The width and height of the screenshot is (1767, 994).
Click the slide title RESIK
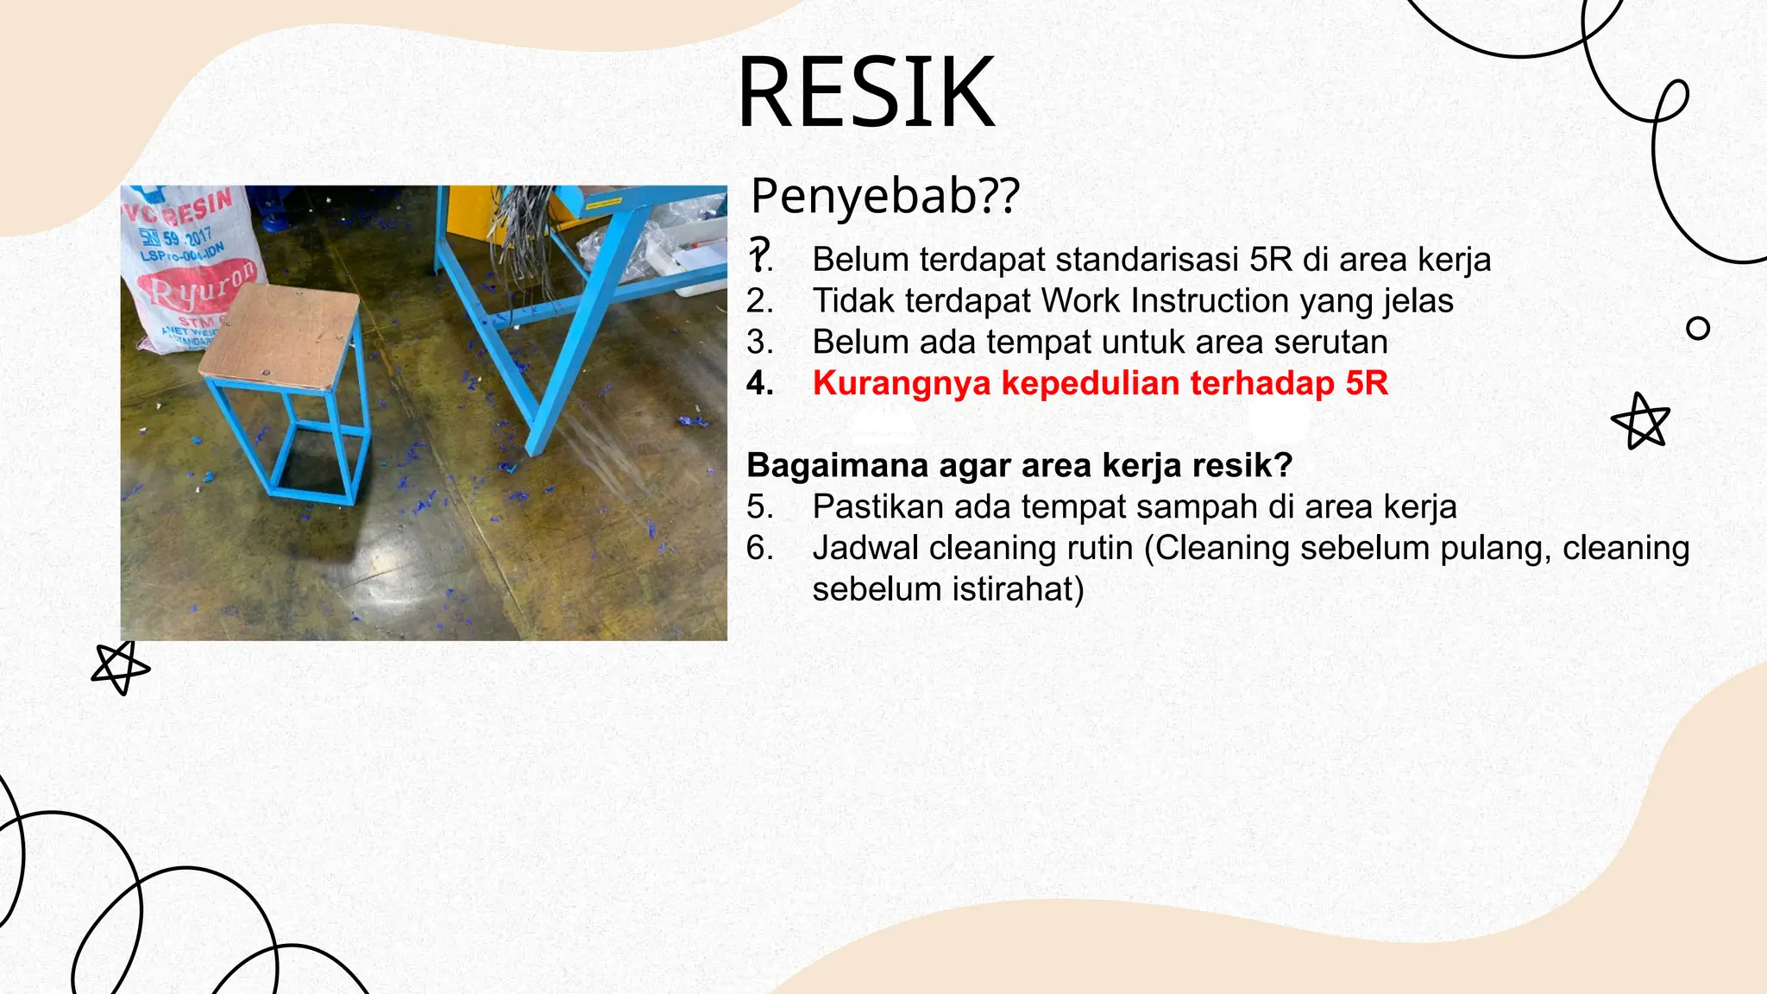coord(866,91)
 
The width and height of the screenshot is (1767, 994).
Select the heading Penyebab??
coord(884,196)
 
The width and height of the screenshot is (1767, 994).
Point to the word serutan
coord(1330,343)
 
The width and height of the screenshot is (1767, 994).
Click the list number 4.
coord(758,383)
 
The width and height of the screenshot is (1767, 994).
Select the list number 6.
coord(758,549)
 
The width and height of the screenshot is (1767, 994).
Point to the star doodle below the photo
coord(120,668)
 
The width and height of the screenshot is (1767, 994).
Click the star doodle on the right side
coord(1641,422)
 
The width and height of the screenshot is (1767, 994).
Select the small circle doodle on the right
coord(1697,329)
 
